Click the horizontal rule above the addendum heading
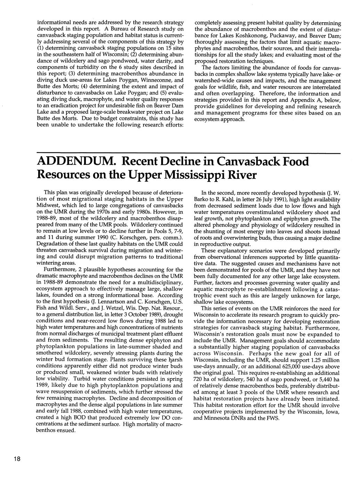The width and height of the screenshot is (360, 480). [x=188, y=153]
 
